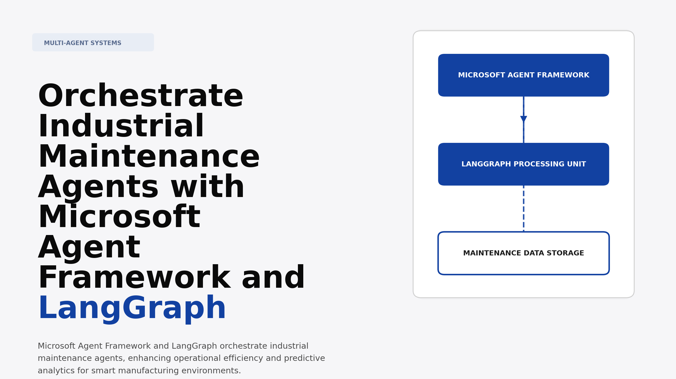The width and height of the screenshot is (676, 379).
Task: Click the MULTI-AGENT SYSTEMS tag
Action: [93, 43]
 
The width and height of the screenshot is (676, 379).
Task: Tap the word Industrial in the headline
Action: [121, 127]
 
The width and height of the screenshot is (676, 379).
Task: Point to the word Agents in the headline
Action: [98, 187]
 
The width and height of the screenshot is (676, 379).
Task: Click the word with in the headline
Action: [207, 187]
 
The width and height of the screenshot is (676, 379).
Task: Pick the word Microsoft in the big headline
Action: [119, 217]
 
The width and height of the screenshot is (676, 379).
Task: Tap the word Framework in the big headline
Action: [134, 278]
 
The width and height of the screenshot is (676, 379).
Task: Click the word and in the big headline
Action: [273, 278]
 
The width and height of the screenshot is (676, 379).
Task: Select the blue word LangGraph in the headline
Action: [132, 308]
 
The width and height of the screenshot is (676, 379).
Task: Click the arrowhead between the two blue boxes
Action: [524, 119]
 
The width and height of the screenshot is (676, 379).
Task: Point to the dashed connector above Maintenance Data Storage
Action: [524, 208]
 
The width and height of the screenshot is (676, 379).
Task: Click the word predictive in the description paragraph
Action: [304, 358]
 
